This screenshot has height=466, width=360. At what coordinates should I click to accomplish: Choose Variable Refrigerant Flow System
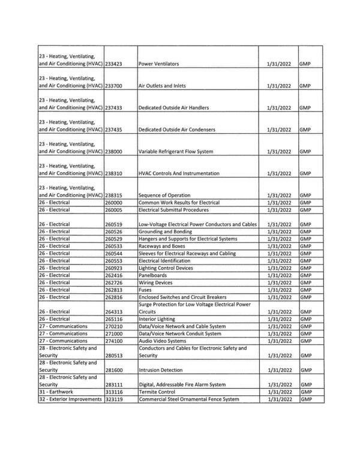coord(176,152)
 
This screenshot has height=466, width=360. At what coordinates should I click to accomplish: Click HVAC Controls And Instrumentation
coord(179,173)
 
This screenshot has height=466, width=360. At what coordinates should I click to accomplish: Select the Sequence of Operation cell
coord(164,196)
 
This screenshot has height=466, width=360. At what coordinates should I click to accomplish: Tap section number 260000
coord(114,203)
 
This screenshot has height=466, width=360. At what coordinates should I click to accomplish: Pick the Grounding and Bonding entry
coord(166,232)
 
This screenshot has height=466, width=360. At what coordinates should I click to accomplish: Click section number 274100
coord(114,341)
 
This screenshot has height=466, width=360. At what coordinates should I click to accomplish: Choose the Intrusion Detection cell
coord(161,370)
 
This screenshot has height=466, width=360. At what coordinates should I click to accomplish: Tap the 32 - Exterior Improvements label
coord(70,399)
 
